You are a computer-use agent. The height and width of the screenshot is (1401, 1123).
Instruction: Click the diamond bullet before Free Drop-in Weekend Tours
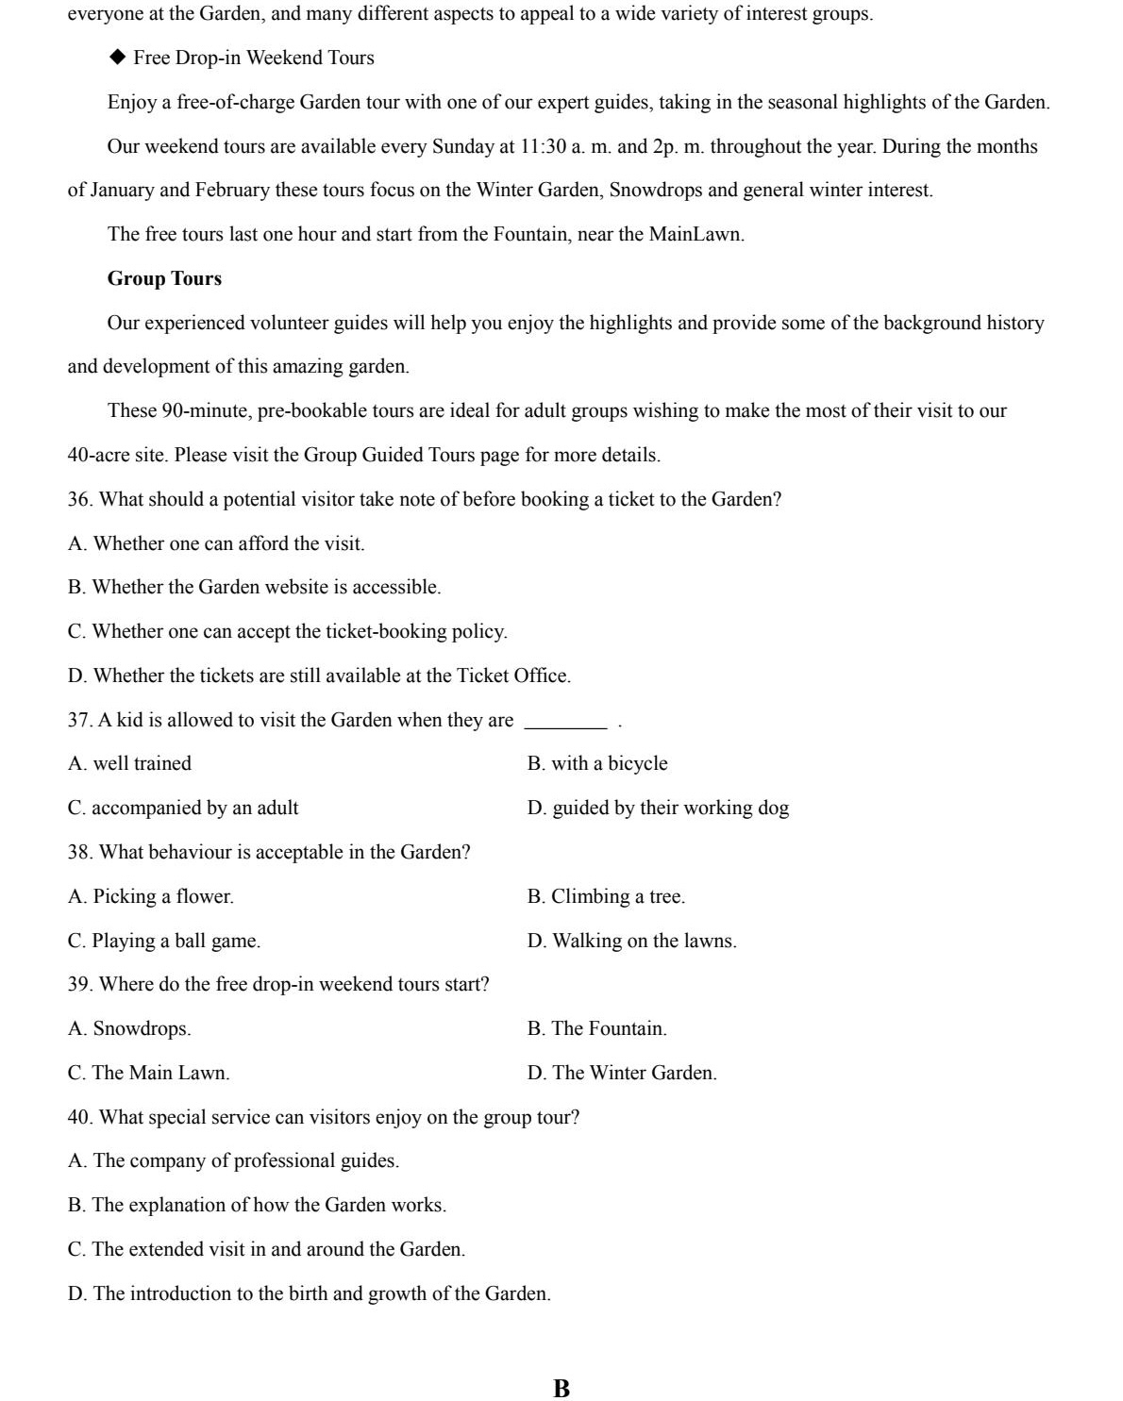click(117, 58)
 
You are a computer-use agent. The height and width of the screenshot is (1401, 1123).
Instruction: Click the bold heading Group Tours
click(164, 278)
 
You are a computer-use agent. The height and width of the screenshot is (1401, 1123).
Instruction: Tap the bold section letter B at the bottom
click(561, 1388)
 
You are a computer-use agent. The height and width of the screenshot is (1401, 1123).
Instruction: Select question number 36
click(79, 499)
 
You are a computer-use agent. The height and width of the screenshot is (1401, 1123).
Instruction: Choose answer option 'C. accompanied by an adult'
click(183, 808)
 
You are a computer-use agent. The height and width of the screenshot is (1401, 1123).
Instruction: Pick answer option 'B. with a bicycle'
click(596, 763)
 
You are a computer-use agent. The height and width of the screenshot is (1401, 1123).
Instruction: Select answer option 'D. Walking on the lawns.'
click(631, 941)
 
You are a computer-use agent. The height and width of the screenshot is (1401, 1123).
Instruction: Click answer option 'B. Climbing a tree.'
click(606, 896)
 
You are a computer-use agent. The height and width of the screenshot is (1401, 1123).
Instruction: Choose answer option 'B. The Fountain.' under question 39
click(596, 1028)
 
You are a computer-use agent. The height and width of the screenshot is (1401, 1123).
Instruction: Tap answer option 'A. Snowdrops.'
click(129, 1028)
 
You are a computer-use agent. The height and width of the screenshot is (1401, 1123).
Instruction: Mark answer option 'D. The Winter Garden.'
click(622, 1073)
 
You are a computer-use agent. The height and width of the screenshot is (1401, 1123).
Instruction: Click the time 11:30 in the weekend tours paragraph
click(543, 146)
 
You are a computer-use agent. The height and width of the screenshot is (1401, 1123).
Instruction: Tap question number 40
click(79, 1117)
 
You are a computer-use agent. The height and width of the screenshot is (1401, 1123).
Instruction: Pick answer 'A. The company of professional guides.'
click(233, 1160)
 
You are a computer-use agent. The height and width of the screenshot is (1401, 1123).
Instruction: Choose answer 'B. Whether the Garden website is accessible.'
click(254, 587)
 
